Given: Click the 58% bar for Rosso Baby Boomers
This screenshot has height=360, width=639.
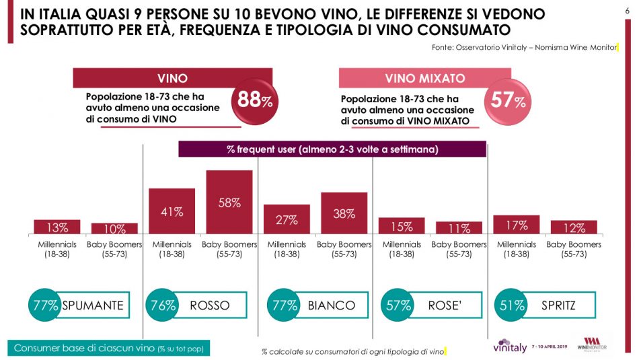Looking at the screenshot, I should pos(229,202).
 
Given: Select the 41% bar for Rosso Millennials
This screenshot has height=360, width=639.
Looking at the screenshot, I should pos(172,211).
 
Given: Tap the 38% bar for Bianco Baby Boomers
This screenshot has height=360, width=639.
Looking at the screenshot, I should pos(344,213).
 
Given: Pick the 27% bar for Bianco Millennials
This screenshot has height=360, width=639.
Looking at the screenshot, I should pos(287,219).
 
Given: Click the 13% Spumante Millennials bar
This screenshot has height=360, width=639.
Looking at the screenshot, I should pos(57,227).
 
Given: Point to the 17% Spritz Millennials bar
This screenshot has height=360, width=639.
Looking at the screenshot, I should pos(517,225).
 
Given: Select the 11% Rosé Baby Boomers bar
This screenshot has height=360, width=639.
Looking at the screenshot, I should pos(459,227).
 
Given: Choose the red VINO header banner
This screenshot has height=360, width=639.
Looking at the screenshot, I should pos(172,78).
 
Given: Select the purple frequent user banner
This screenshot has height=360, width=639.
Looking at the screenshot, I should pos(332,149).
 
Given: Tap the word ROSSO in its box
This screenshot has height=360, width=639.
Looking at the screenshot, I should pos(210,305).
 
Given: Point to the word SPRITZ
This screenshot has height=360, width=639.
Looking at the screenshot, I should pos(558,305).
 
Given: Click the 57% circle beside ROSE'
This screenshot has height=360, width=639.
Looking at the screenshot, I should pos(398,305).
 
